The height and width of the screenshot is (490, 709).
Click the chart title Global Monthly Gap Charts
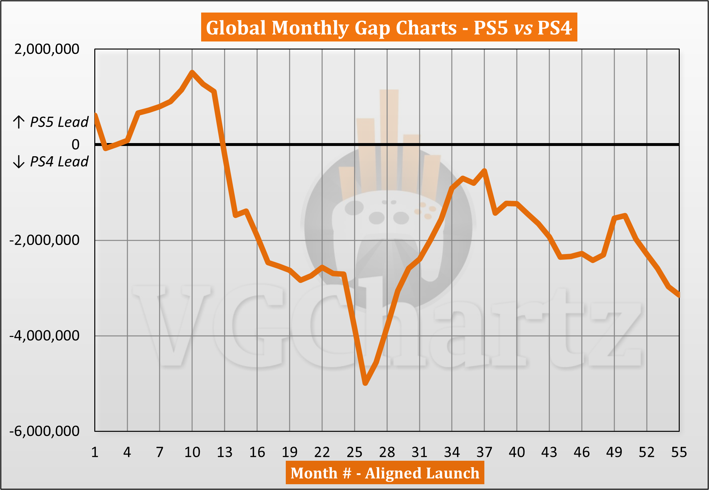(x=389, y=28)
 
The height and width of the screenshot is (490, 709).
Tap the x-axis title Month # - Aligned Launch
(x=385, y=473)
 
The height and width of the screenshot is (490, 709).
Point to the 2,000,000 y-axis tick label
(x=47, y=49)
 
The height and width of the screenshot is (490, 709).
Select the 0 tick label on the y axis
(x=76, y=145)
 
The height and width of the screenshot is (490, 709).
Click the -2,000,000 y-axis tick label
(x=44, y=240)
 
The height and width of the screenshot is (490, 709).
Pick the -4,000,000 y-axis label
(x=44, y=336)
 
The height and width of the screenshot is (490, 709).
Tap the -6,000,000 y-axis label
(x=44, y=431)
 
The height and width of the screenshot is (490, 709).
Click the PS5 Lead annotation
(x=59, y=122)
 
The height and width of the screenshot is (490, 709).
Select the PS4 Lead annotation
(x=59, y=161)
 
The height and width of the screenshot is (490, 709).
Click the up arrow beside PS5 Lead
(x=19, y=122)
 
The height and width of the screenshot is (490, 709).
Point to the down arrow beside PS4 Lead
(x=19, y=161)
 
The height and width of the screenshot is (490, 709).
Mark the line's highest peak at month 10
(x=192, y=72)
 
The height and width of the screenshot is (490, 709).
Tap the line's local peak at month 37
(x=484, y=170)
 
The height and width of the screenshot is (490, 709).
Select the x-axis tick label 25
(x=354, y=452)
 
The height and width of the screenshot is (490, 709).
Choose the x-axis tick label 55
(x=679, y=452)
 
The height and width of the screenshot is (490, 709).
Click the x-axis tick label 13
(x=225, y=452)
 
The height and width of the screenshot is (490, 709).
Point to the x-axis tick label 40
(x=517, y=452)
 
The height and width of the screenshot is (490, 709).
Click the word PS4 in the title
(x=555, y=28)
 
